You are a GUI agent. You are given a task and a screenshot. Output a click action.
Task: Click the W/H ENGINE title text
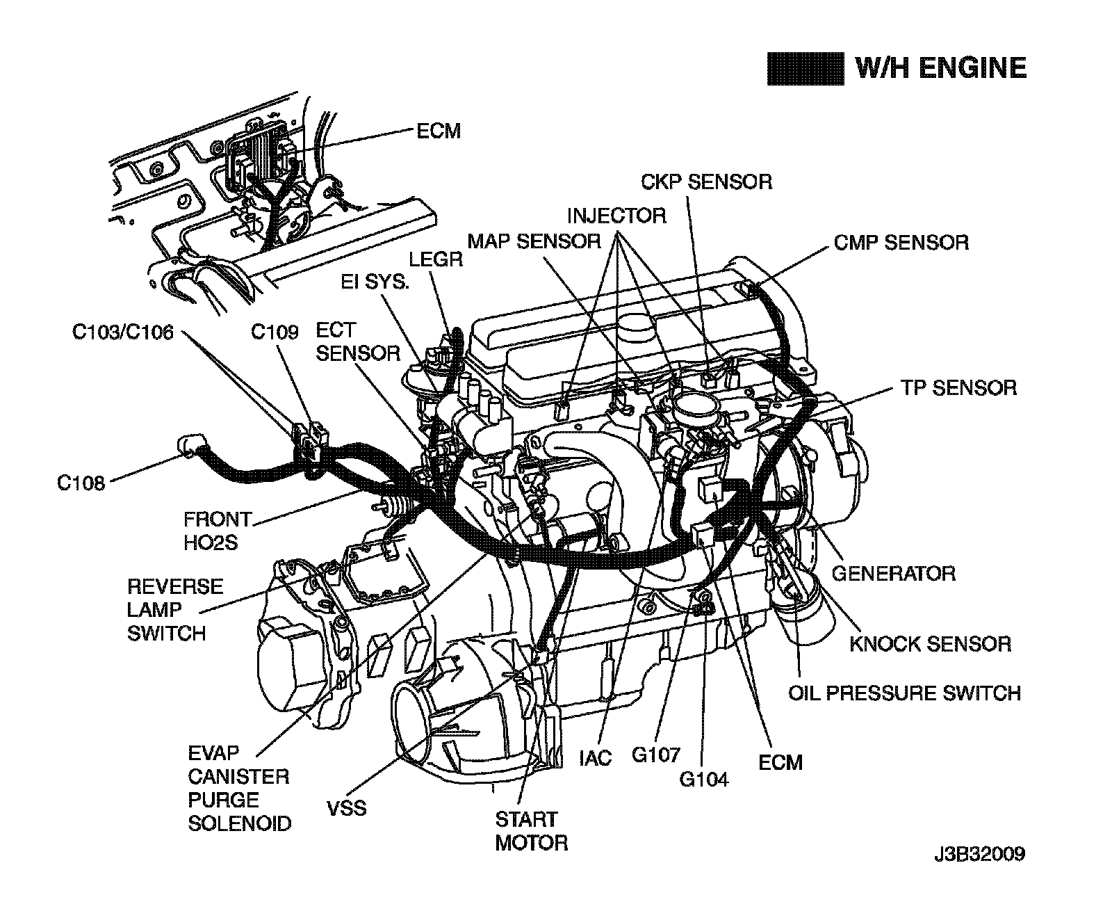[x=940, y=68]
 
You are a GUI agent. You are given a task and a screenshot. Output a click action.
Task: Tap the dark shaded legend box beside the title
[x=805, y=69]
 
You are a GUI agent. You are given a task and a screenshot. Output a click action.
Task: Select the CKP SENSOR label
[x=706, y=182]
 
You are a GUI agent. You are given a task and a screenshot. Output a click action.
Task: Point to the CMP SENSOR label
[x=901, y=243]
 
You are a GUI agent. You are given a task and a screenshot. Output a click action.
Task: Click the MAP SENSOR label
[x=534, y=241]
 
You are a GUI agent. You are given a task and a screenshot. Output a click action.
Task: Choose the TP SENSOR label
[x=958, y=387]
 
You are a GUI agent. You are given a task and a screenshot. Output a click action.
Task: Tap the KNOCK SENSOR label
[x=930, y=643]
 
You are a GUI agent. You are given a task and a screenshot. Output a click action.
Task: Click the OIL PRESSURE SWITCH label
[x=904, y=693]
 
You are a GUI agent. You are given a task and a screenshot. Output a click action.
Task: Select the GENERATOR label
[x=893, y=573]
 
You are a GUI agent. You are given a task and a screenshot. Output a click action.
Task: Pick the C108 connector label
[x=81, y=483]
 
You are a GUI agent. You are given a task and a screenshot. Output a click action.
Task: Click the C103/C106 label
[x=123, y=333]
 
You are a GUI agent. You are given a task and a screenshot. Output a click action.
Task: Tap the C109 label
[x=275, y=333]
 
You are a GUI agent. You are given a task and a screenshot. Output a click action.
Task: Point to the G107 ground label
[x=655, y=755]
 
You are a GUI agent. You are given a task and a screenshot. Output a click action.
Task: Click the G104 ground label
[x=703, y=780]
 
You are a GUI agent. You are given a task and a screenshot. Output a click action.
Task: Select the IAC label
[x=595, y=757]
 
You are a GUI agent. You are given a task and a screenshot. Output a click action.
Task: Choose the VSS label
[x=346, y=809]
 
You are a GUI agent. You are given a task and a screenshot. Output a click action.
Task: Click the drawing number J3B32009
[x=979, y=853]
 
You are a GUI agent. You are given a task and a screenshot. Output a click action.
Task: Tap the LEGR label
[x=436, y=259]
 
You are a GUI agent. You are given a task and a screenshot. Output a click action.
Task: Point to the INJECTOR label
[x=616, y=216]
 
